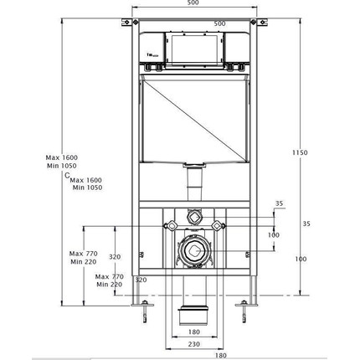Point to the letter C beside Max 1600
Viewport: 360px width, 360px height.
coord(67,175)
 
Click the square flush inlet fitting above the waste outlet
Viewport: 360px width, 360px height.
coord(194,213)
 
